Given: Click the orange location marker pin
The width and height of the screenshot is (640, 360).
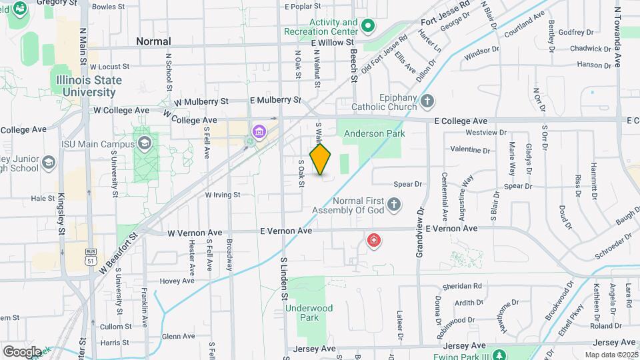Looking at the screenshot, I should (x=321, y=159).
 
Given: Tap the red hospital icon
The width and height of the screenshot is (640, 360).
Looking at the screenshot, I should (x=374, y=240).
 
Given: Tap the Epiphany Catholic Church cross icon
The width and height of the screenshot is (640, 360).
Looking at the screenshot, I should (x=427, y=102).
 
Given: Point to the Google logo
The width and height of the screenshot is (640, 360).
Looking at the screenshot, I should (x=23, y=351).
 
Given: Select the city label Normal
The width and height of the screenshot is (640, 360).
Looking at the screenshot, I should (x=153, y=41).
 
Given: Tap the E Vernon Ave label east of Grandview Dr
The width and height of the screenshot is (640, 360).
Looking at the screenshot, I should (x=451, y=229).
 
